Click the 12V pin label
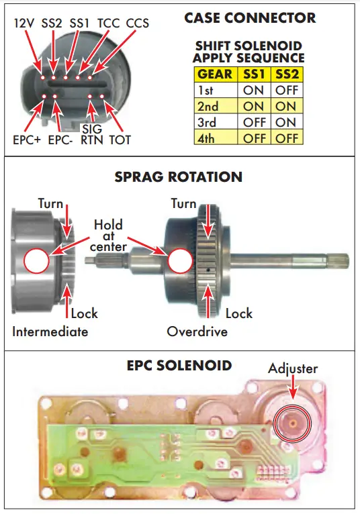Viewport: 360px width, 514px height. pyautogui.click(x=25, y=23)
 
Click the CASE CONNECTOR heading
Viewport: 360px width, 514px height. pyautogui.click(x=250, y=18)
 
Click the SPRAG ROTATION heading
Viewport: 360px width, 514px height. pyautogui.click(x=179, y=177)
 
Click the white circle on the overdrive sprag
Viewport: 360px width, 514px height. pyautogui.click(x=179, y=260)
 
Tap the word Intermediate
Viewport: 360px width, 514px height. pyautogui.click(x=50, y=331)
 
